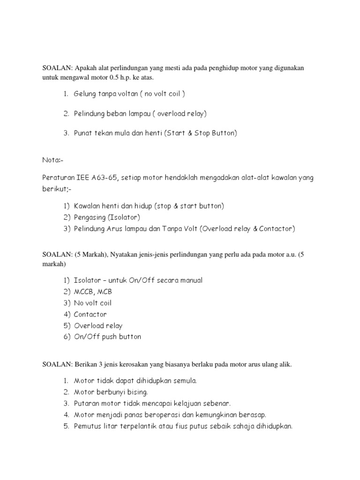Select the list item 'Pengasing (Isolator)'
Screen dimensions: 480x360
coord(107,217)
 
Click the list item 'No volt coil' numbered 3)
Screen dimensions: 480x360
coord(92,303)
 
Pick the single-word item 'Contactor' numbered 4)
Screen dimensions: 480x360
coord(90,314)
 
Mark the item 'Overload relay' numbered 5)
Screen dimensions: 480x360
coord(97,325)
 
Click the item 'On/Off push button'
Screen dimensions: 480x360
coord(107,337)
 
